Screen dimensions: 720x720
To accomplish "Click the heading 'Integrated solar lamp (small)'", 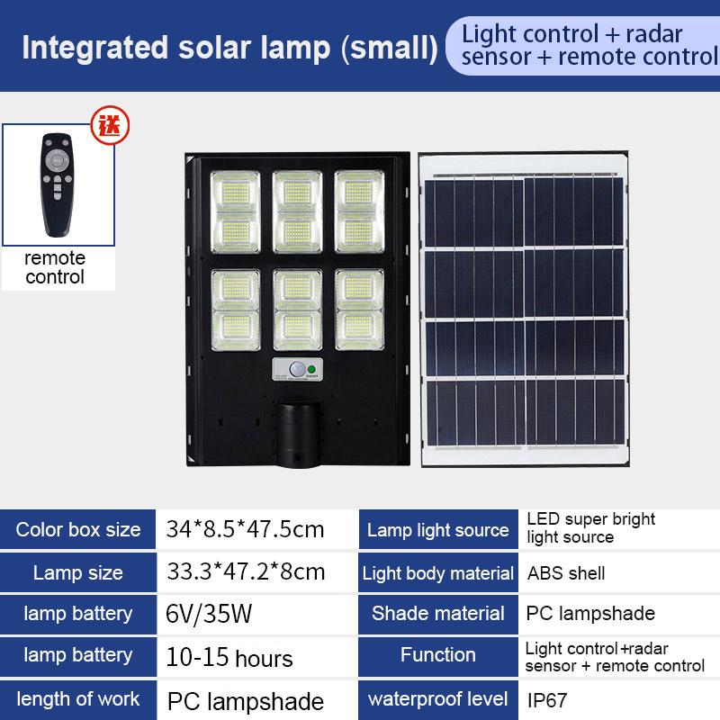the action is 230,48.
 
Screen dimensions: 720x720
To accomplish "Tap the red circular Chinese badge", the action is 110,125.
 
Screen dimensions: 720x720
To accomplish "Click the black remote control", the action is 58,184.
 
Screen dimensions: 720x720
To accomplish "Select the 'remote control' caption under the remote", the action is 55,267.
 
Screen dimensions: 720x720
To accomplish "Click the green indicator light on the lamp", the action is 311,369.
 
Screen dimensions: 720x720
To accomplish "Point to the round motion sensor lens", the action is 297,369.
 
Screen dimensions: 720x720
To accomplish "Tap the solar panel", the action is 524,310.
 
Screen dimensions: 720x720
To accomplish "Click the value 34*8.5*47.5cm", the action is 245,529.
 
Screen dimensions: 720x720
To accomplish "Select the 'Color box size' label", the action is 78,529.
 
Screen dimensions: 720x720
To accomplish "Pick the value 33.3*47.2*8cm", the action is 246,571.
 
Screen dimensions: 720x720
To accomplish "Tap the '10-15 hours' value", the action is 229,658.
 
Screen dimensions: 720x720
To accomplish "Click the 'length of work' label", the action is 78,699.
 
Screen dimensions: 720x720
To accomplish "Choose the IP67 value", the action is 547,700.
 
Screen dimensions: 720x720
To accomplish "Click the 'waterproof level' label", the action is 437,699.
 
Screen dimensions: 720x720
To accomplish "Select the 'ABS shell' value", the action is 566,573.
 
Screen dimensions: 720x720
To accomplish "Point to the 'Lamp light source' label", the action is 437,530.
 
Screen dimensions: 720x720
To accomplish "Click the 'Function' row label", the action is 437,655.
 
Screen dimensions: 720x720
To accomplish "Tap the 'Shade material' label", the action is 437,614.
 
